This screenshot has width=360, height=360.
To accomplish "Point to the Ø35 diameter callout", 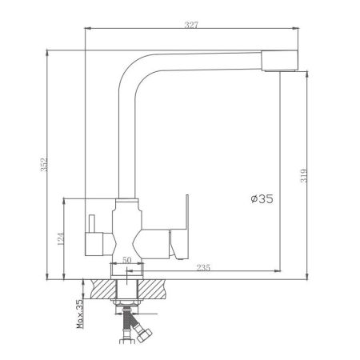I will click(262, 199).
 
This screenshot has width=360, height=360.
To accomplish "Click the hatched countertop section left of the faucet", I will click(102, 286).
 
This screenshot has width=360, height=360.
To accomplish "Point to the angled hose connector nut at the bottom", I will click(142, 330).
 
